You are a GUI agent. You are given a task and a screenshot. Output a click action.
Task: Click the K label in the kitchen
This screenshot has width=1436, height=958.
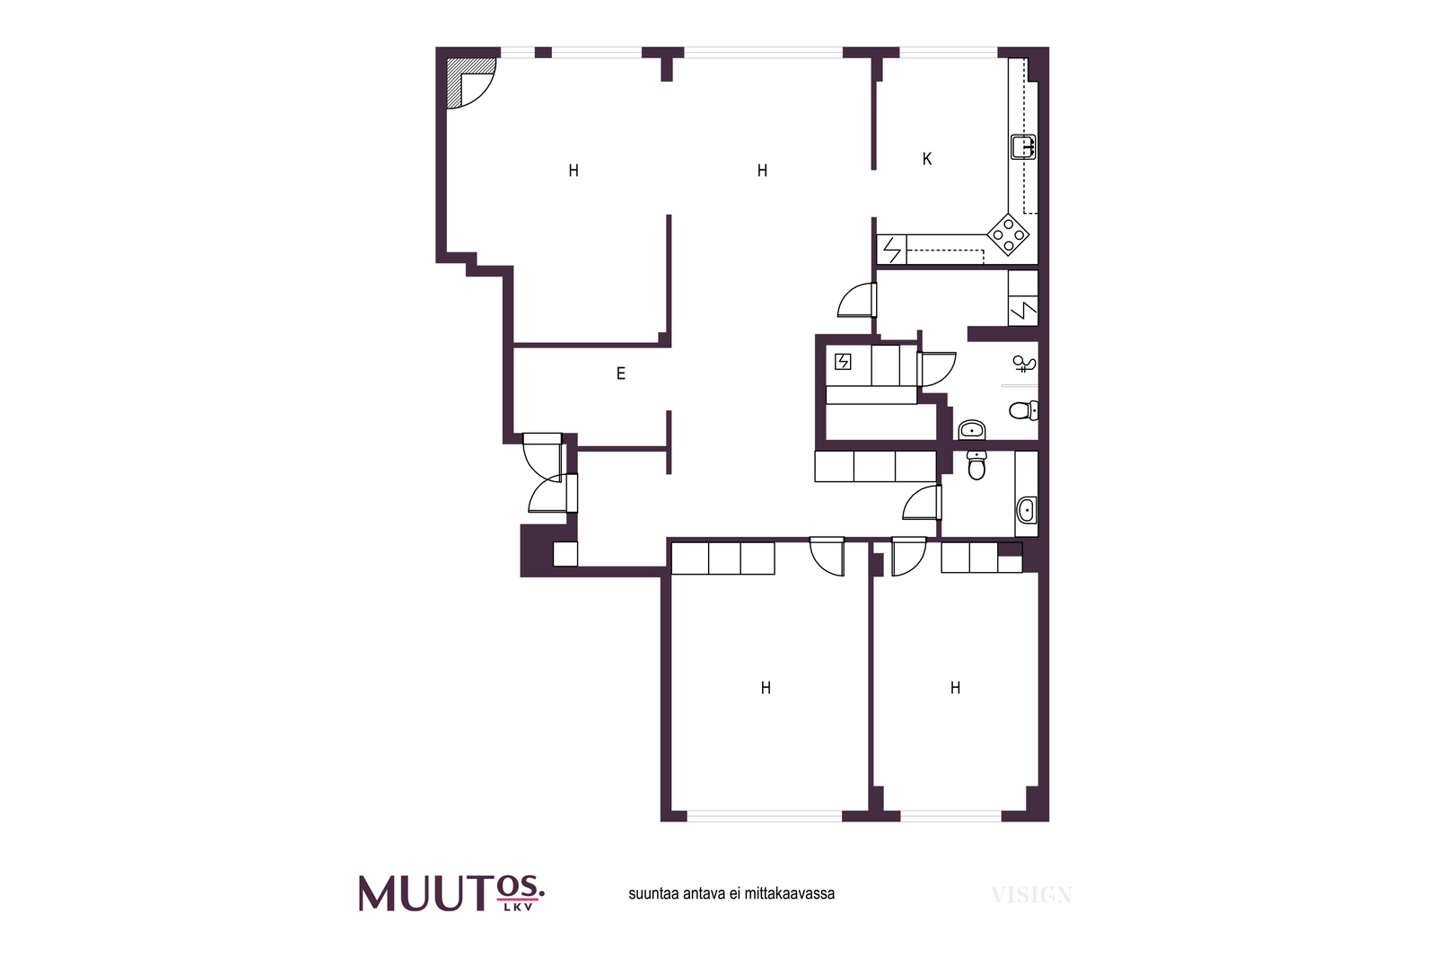[x=926, y=159]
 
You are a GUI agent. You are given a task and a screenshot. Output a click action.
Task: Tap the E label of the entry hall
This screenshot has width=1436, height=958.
[x=620, y=374]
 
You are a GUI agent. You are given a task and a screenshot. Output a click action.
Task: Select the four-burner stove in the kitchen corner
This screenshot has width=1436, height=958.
[x=1008, y=234]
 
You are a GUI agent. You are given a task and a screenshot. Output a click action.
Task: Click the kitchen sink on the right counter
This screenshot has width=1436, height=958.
[x=1023, y=147]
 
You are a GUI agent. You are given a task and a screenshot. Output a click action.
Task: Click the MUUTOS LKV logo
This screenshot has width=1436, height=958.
[x=451, y=892]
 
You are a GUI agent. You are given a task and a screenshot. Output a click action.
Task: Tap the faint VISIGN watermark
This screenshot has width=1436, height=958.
[x=1031, y=894]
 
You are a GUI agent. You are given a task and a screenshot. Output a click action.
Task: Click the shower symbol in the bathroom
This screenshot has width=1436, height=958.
[x=1024, y=365]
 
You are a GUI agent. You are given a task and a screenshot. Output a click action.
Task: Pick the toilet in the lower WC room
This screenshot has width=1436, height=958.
[x=976, y=465]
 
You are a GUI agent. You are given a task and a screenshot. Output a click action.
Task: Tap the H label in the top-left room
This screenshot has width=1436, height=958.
[x=574, y=171]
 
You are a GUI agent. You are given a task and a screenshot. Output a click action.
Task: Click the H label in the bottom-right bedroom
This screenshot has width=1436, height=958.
[x=955, y=688]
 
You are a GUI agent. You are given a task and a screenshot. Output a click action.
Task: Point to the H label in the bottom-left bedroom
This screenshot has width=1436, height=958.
[x=766, y=688]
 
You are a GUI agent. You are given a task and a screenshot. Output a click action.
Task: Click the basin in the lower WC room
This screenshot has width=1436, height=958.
[x=1026, y=510]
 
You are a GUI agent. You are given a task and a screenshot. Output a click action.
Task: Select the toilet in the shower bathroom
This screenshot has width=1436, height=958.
[x=1024, y=409]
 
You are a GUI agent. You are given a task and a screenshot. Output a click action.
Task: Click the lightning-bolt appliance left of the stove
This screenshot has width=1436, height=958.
[x=892, y=250]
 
